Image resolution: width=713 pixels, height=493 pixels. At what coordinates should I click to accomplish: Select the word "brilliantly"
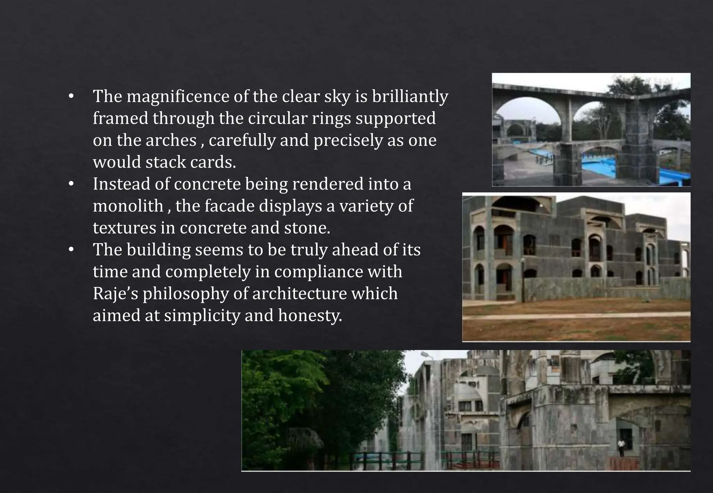(x=410, y=96)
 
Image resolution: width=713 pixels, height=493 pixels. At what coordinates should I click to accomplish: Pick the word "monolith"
(x=128, y=206)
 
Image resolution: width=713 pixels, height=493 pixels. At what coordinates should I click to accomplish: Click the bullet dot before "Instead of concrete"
(x=71, y=185)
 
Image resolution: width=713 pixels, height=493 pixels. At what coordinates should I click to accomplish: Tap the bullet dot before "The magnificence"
(x=71, y=97)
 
